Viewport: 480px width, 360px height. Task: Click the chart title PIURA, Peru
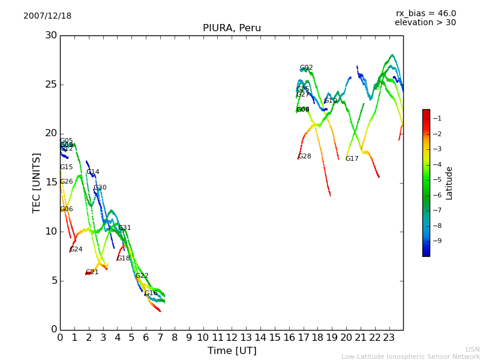[x=232, y=28]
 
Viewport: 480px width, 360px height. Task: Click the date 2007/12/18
[x=47, y=16]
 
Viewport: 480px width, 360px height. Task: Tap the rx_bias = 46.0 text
[x=425, y=13]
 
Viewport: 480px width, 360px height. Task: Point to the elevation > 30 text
[x=425, y=23]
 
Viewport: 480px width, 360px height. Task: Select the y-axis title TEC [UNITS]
[x=37, y=182]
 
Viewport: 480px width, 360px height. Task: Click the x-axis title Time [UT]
[x=232, y=350]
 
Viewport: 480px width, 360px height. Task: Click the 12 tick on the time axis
[x=232, y=338]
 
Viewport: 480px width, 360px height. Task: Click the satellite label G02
[x=306, y=68]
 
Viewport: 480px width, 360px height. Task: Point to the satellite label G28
[x=304, y=157]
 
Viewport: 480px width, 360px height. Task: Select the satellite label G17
[x=352, y=159]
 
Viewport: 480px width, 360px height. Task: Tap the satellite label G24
[x=76, y=250]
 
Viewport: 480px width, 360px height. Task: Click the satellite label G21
[x=92, y=272]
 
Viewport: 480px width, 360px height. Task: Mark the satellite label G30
[x=100, y=188]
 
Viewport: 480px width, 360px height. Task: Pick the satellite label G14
[x=92, y=172]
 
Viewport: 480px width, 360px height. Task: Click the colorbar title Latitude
[x=449, y=183]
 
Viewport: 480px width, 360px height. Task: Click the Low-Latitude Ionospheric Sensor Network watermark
[x=410, y=356]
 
